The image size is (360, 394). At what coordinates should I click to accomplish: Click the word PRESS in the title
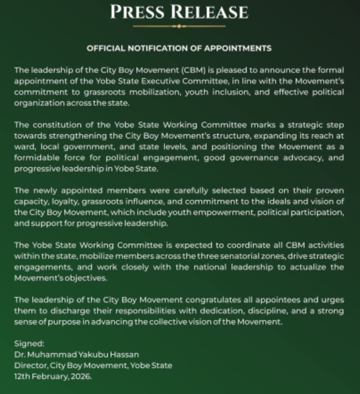[140, 11]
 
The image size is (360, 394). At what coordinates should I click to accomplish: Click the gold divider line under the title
[179, 26]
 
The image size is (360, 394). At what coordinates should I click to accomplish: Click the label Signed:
[28, 344]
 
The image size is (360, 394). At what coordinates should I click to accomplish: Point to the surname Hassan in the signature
[124, 354]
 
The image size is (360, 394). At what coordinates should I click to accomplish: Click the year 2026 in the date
[80, 376]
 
